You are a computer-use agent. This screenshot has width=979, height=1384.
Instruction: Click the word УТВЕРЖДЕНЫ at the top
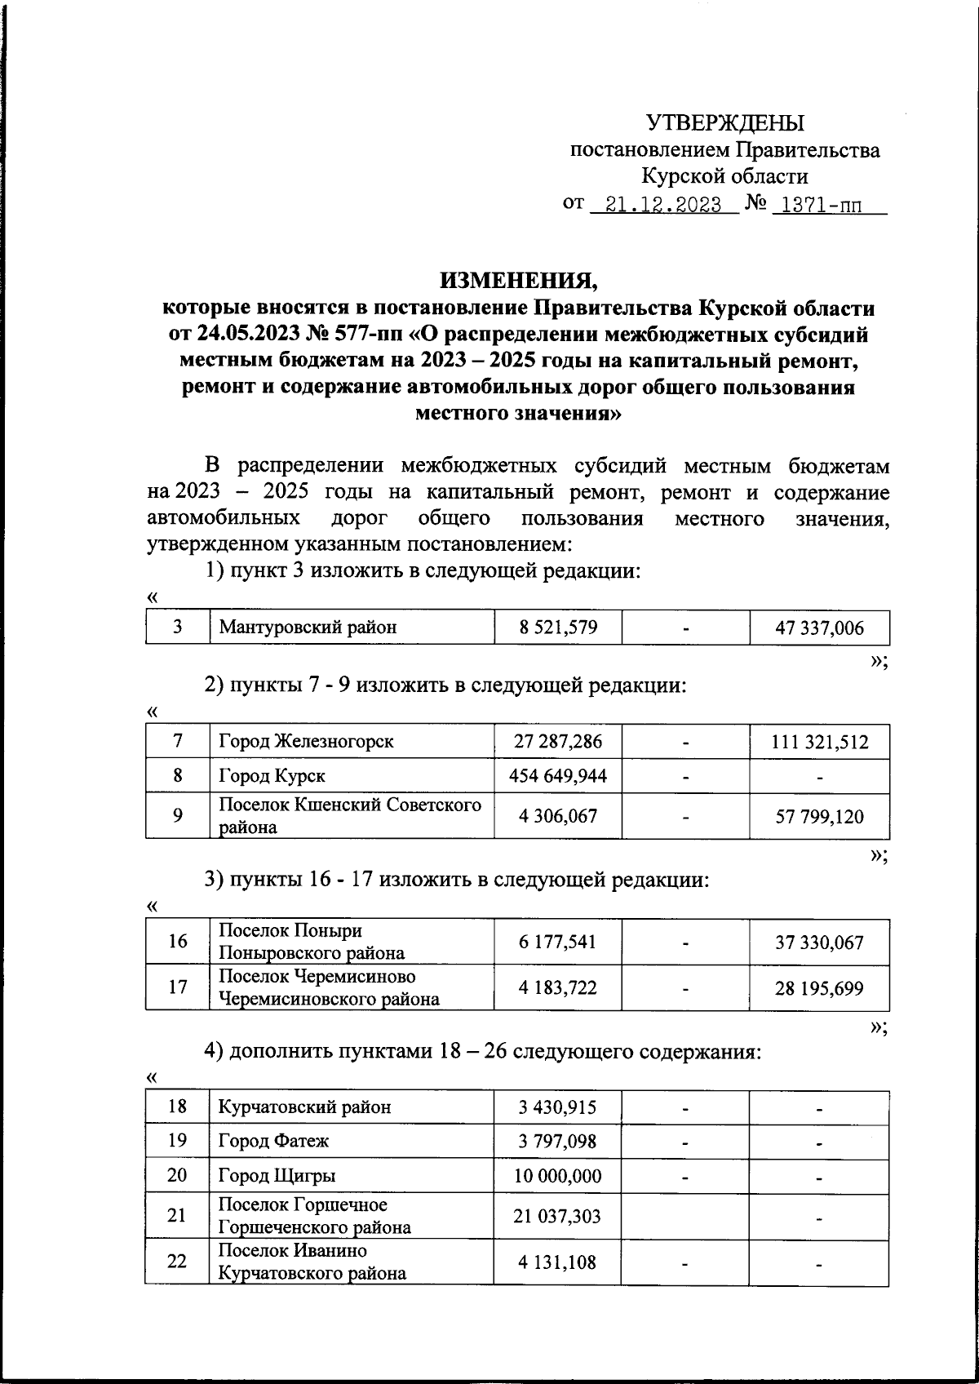[x=724, y=123]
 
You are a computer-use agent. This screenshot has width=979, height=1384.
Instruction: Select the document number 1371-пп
[x=821, y=204]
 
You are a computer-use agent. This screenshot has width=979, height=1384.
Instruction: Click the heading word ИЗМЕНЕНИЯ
[x=519, y=282]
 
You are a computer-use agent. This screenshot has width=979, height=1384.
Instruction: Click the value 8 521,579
[x=558, y=628]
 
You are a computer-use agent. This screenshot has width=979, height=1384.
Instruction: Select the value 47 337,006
[x=819, y=628]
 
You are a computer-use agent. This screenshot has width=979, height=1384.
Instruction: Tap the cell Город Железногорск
[x=306, y=742]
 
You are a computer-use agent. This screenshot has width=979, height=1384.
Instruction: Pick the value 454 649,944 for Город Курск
[x=558, y=776]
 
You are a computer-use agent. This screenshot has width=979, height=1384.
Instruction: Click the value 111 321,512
[x=819, y=743]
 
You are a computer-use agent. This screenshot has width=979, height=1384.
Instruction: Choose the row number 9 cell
[x=178, y=815]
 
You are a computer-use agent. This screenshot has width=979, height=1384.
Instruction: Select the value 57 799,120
[x=819, y=816]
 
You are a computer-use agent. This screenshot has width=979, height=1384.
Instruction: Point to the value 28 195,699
[x=819, y=988]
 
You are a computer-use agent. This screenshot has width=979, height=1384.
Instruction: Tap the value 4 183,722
[x=558, y=987]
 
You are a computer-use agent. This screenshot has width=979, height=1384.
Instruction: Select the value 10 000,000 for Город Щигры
[x=558, y=1176]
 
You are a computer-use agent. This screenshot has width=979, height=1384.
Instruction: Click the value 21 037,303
[x=558, y=1216]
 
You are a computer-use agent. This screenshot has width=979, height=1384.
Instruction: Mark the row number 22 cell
[x=178, y=1262]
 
